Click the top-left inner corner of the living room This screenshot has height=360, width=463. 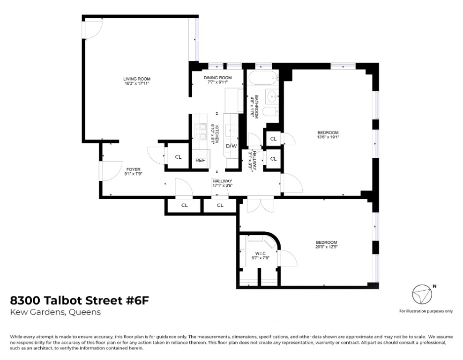tap(85, 18)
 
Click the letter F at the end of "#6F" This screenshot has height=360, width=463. tap(145, 301)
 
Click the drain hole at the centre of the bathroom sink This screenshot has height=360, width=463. tap(272, 96)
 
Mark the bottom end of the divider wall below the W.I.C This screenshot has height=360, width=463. tap(259, 286)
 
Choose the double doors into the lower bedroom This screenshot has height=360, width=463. tap(260, 204)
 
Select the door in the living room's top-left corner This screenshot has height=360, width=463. tap(93, 29)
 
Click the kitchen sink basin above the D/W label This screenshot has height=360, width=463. tap(231, 129)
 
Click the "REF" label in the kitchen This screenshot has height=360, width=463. tap(200, 161)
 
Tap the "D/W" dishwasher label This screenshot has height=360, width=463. tap(231, 146)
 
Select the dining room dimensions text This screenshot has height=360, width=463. tap(217, 82)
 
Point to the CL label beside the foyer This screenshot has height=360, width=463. tap(178, 157)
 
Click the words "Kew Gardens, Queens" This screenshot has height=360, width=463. tap(55, 312)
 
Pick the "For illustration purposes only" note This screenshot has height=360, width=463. tap(426, 311)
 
